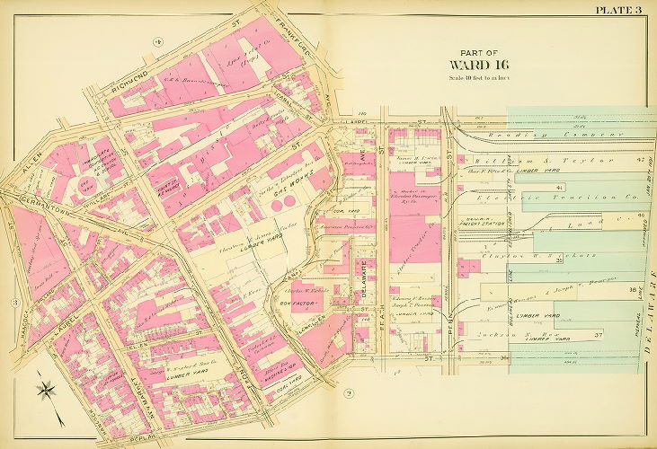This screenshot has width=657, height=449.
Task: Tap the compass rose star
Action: click(x=48, y=391)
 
